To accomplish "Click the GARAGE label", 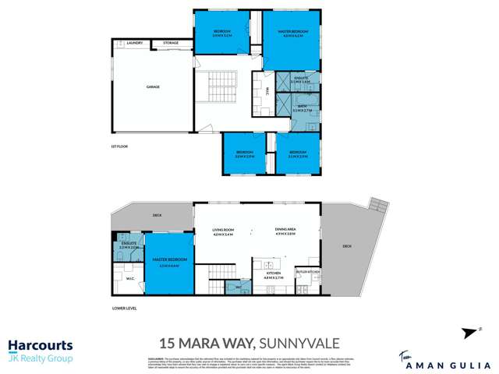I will tap(152, 86).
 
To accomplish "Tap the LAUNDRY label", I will tap(134, 43).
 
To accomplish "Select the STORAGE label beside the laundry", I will tap(170, 43).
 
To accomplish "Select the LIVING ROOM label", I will tap(224, 230).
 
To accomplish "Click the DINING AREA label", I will tap(285, 230).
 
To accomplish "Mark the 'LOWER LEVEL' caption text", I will tap(124, 309).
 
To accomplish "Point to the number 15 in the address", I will tap(167, 342).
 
